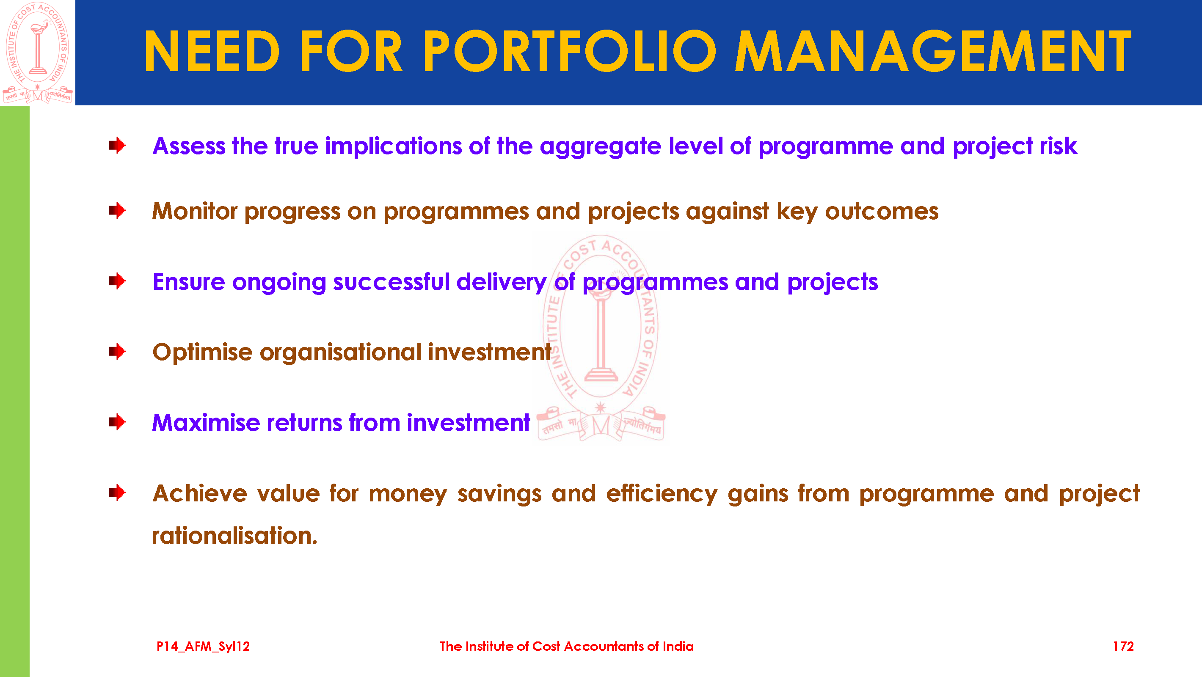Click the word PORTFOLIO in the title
pos(569,51)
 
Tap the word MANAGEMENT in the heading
pos(933,51)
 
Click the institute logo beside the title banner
pos(37,52)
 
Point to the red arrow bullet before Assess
pos(117,145)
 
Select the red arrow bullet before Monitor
pos(117,210)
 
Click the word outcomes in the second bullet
pos(882,212)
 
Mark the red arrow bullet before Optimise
pos(117,351)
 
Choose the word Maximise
pos(206,423)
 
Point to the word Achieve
pos(200,493)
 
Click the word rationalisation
pos(235,536)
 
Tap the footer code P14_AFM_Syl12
pos(204,647)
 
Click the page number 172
pos(1123,646)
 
